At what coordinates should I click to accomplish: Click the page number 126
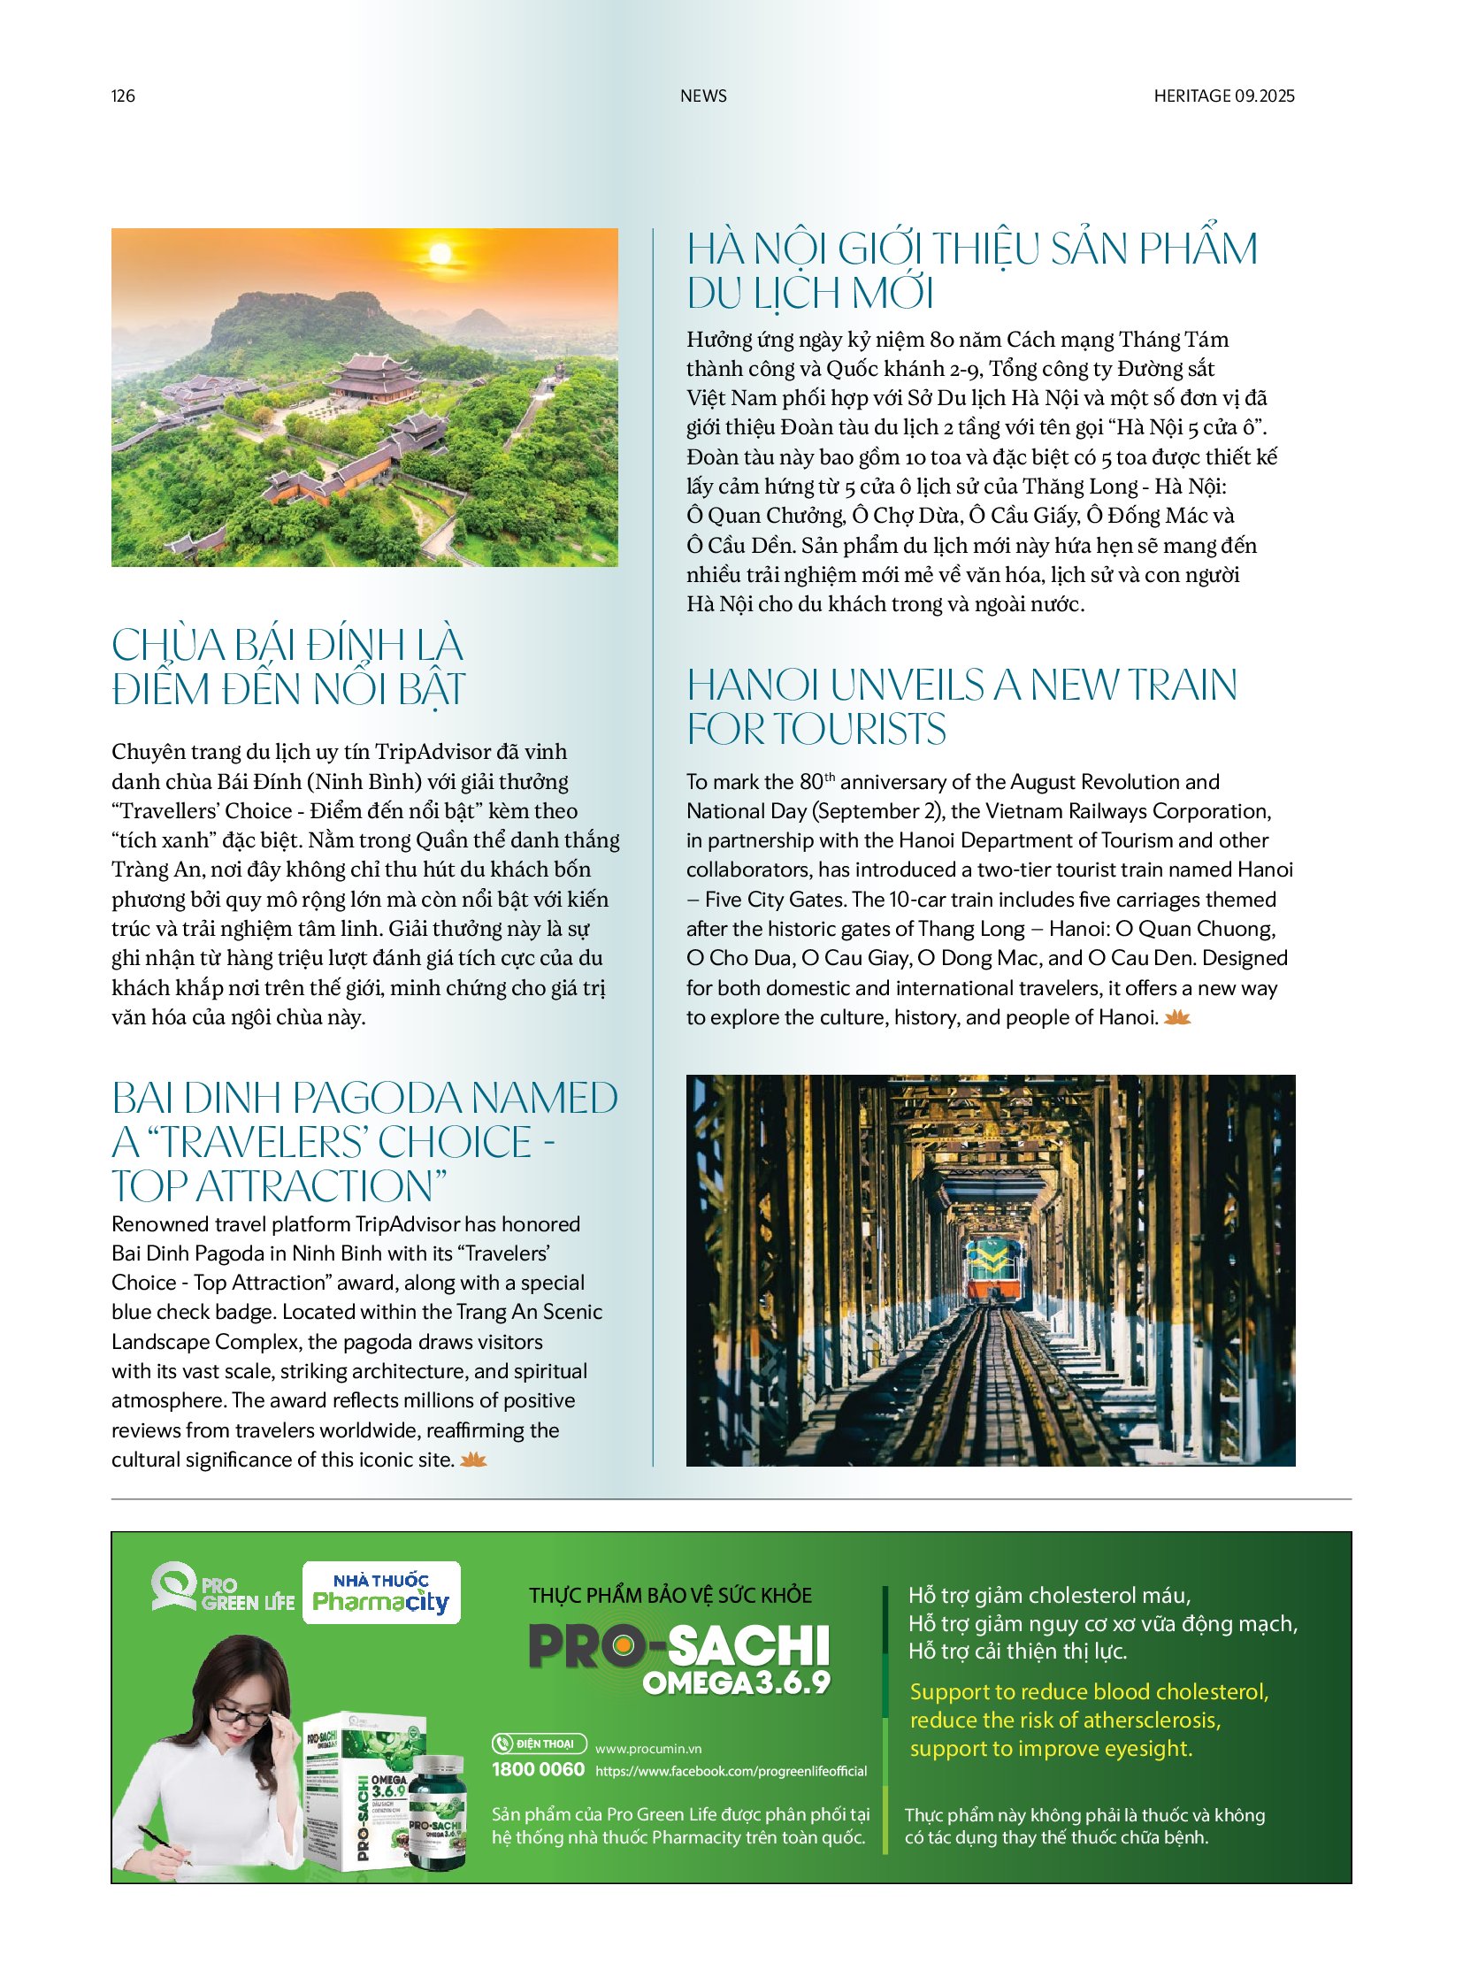pos(123,96)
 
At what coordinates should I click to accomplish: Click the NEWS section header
pos(703,96)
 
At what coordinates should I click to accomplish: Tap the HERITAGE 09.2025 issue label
pos(1223,96)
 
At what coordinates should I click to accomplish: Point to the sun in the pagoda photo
pos(440,254)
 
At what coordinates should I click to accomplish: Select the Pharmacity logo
pos(381,1592)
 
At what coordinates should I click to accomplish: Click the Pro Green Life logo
pos(222,1589)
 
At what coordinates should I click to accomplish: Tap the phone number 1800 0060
pos(538,1769)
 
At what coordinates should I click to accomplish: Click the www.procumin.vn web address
pos(648,1749)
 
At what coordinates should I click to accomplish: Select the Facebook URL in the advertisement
pos(731,1771)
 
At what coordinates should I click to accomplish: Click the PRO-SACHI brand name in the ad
pos(678,1645)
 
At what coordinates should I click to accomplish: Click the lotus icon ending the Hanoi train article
pos(1177,1018)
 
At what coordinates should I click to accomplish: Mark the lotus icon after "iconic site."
pos(474,1460)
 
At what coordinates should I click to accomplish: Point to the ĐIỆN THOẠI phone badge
pos(539,1744)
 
